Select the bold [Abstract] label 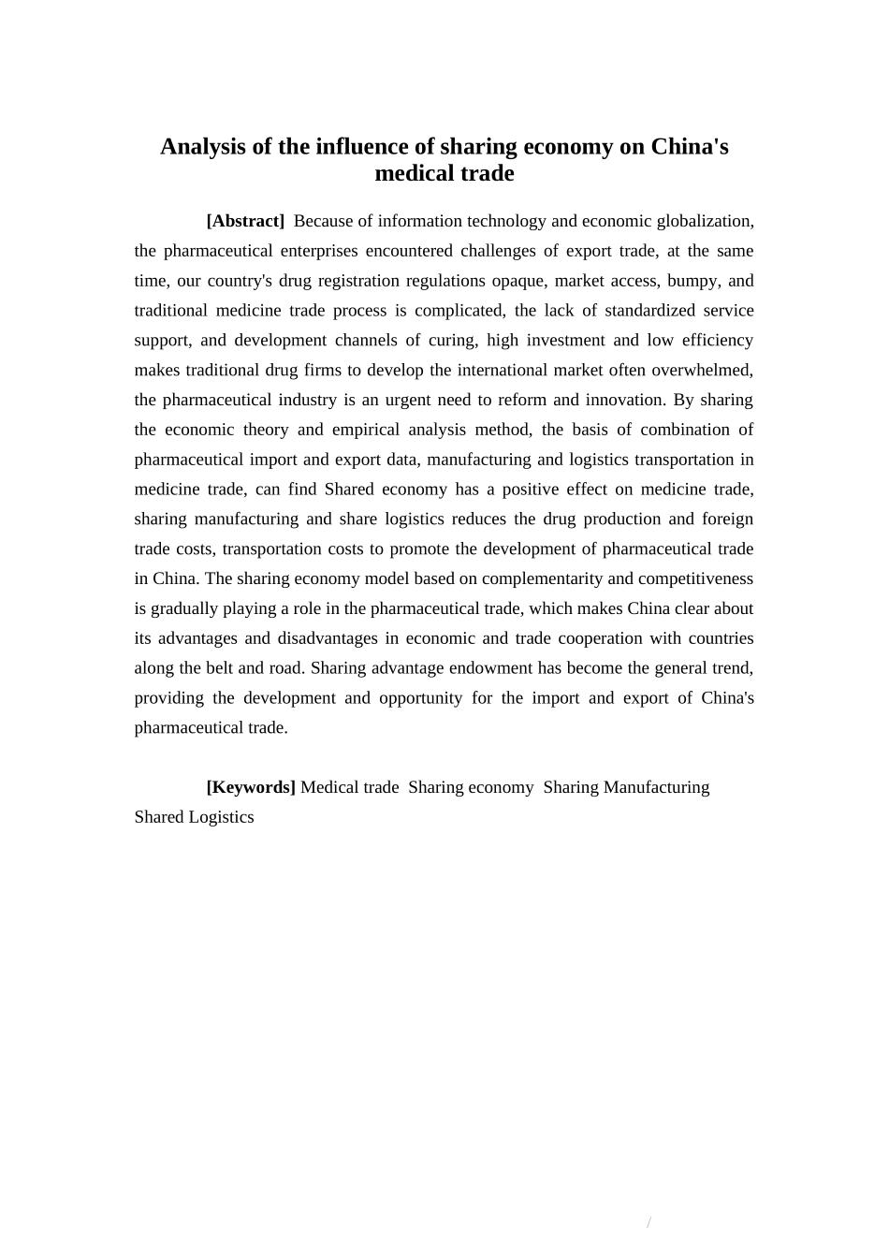pyautogui.click(x=245, y=221)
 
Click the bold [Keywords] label pyautogui.click(x=251, y=787)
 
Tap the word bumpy pyautogui.click(x=692, y=281)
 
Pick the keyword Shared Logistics pyautogui.click(x=194, y=817)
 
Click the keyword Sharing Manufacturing pyautogui.click(x=626, y=787)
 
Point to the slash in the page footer pyautogui.click(x=649, y=1223)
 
